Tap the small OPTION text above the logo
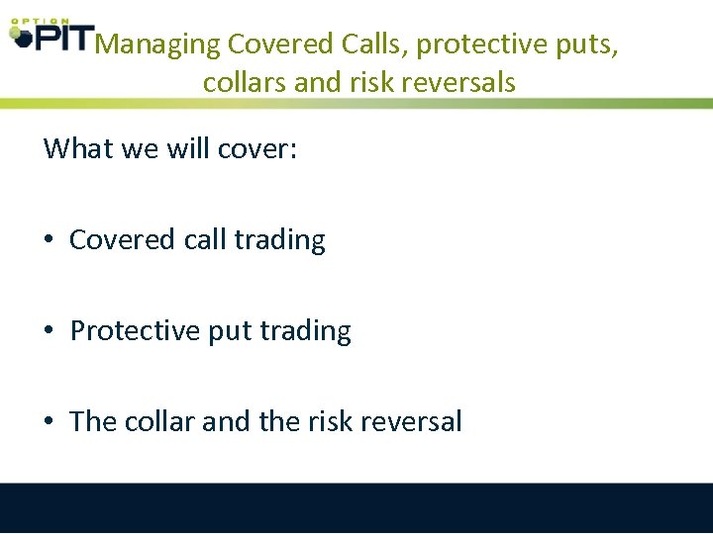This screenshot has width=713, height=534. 40,20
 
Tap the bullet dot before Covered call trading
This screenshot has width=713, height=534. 49,240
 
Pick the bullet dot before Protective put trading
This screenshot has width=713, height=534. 49,331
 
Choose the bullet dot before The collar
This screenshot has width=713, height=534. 49,422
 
